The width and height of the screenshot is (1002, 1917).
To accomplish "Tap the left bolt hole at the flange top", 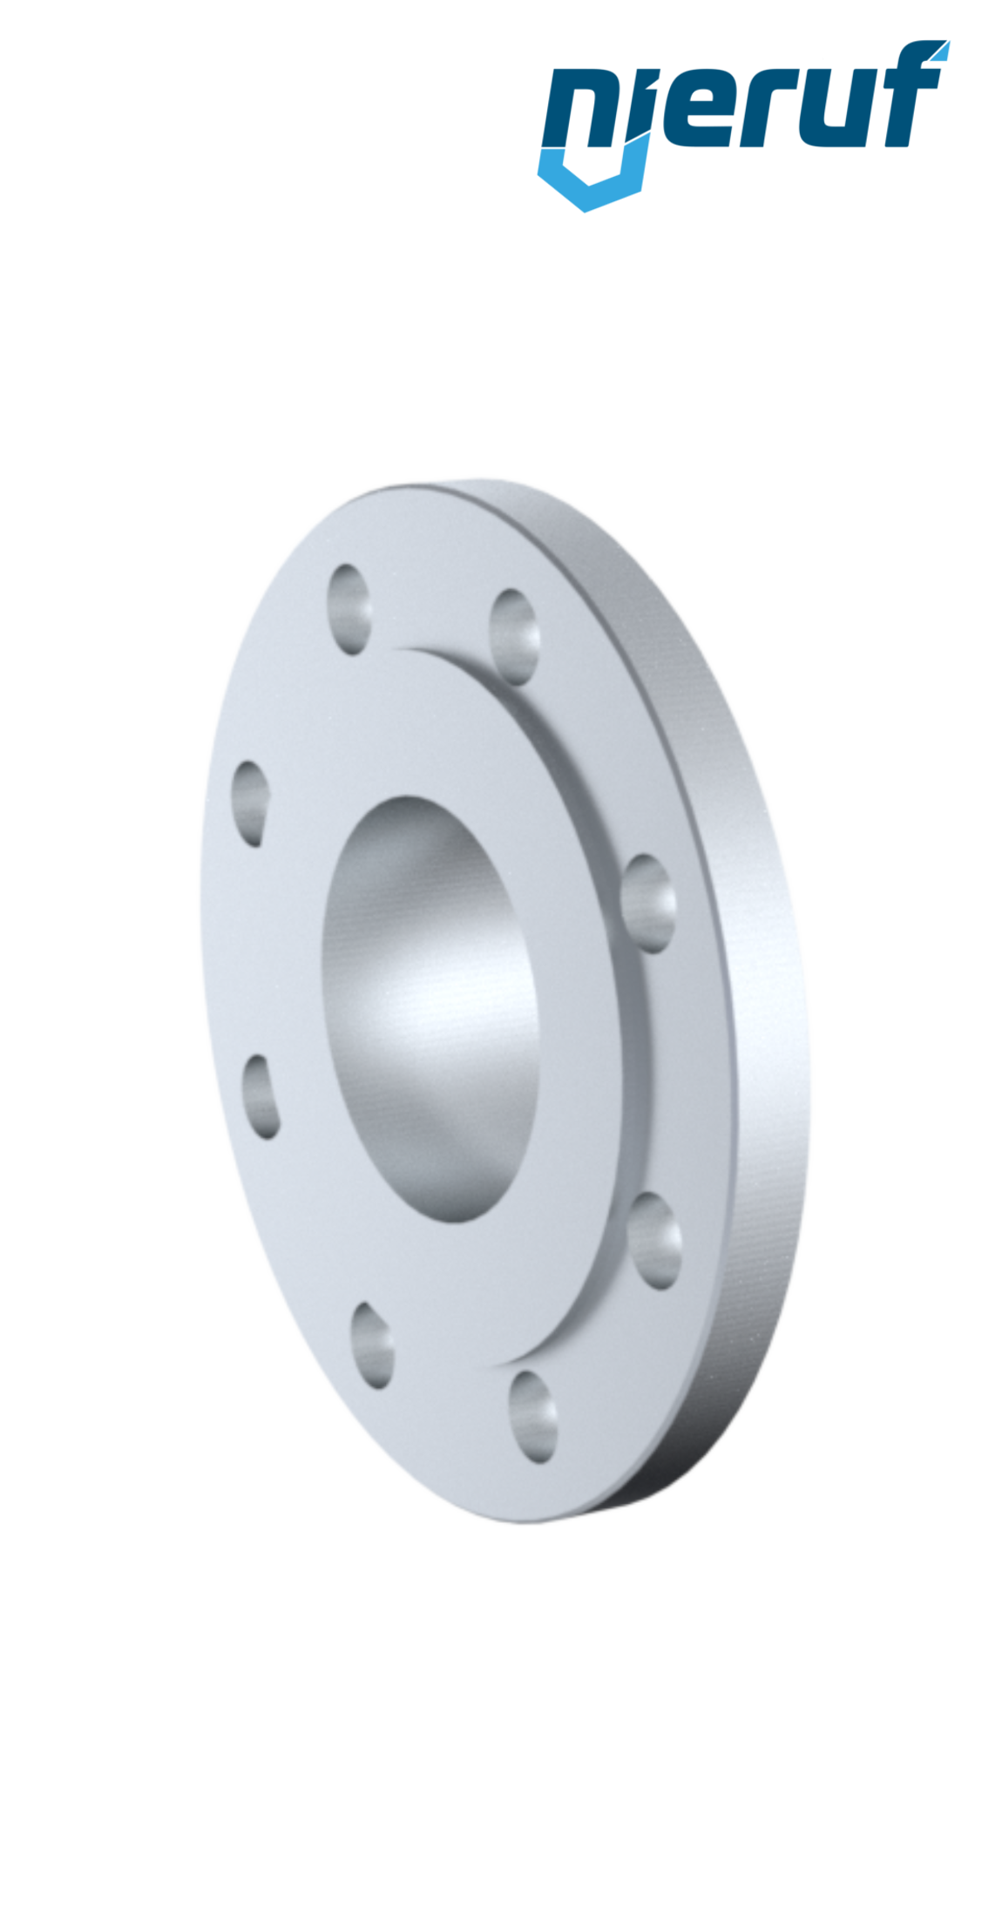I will click(x=350, y=608).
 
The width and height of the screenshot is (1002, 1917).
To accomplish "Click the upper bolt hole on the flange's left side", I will click(x=251, y=803).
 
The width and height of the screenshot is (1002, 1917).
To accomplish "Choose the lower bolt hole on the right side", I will click(x=654, y=1240).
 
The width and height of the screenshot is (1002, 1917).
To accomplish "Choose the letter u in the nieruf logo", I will click(x=836, y=113).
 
